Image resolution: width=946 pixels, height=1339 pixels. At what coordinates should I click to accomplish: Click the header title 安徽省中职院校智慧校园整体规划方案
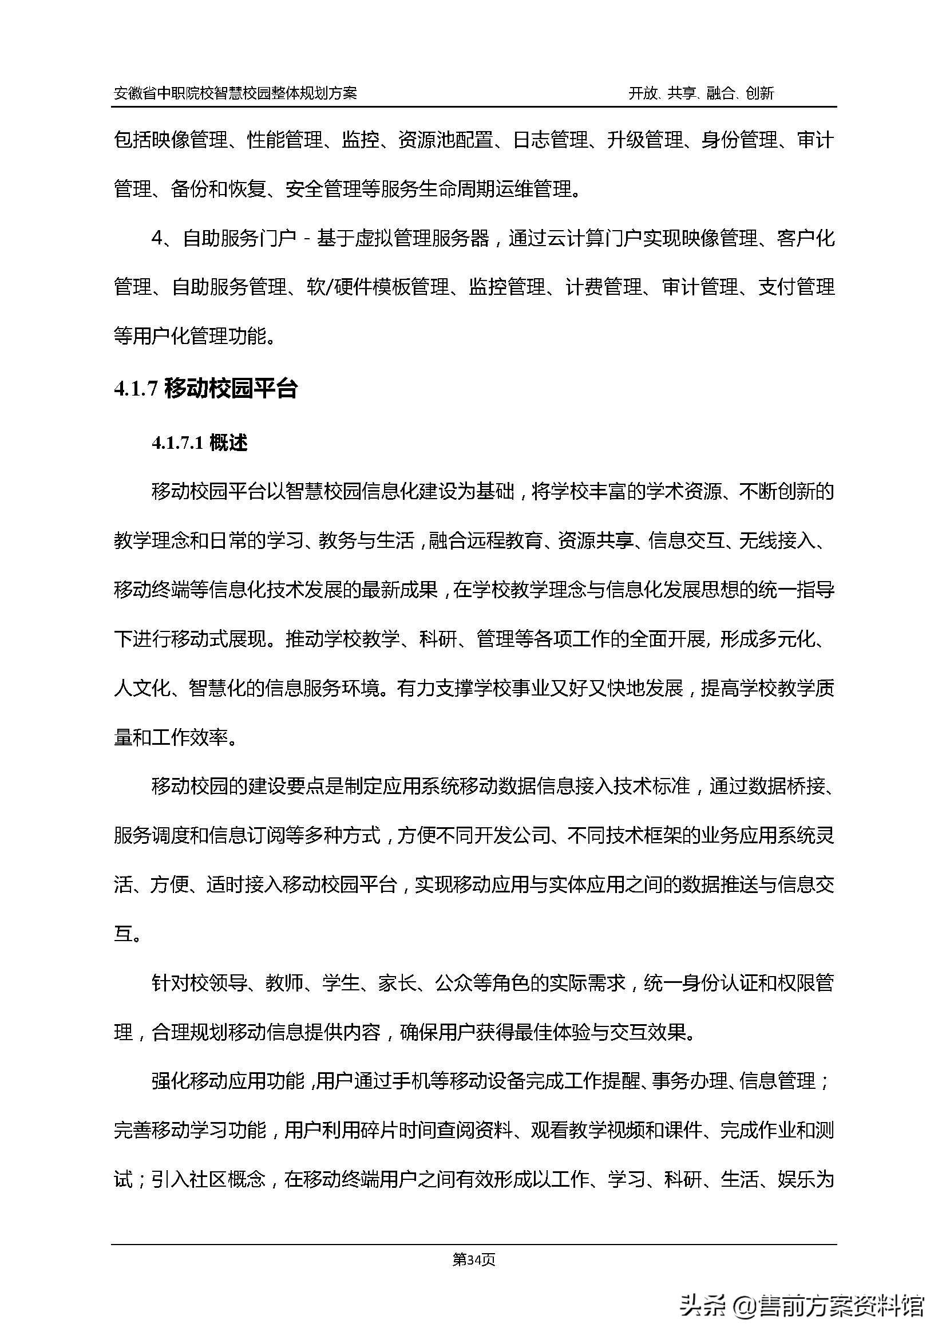235,93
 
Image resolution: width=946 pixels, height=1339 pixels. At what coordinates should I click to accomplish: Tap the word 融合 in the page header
720,93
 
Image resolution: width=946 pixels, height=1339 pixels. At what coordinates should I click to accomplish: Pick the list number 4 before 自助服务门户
156,239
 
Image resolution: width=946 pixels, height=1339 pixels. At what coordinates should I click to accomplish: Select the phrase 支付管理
797,287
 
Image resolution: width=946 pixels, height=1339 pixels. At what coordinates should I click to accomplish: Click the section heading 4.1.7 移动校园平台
206,389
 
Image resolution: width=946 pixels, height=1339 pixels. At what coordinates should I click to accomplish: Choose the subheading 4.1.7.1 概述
199,443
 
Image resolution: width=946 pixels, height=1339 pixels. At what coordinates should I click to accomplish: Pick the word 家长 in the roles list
397,983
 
